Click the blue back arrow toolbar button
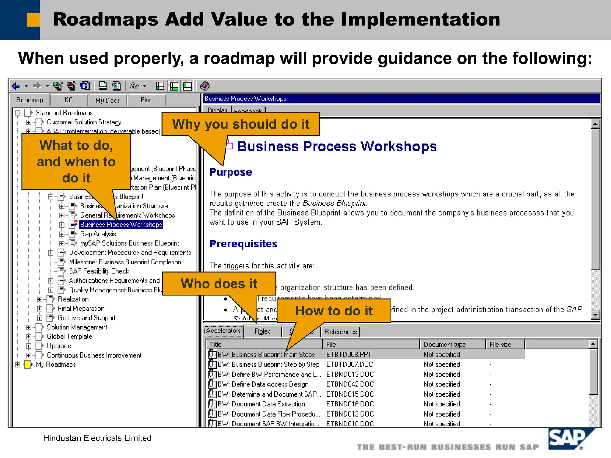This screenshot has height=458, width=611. tap(16, 86)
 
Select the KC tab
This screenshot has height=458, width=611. tap(69, 100)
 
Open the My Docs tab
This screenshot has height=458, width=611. tap(107, 100)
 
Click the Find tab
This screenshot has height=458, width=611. tap(146, 100)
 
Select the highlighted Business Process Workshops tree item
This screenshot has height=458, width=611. tap(121, 225)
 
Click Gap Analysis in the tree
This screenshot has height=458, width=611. tap(98, 234)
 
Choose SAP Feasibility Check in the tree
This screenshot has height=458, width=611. tap(99, 271)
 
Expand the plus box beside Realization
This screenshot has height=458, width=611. tap(40, 299)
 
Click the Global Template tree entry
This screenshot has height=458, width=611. tap(69, 337)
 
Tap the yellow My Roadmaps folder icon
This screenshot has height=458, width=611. tap(28, 364)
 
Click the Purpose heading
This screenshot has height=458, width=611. tap(231, 172)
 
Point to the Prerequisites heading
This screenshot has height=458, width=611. tap(243, 244)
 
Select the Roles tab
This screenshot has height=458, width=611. tap(262, 332)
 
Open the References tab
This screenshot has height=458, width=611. tap(340, 332)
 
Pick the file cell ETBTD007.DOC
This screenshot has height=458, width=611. tap(350, 364)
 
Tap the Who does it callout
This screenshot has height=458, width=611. tap(219, 284)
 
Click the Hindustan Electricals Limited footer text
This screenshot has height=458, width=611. tap(97, 438)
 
